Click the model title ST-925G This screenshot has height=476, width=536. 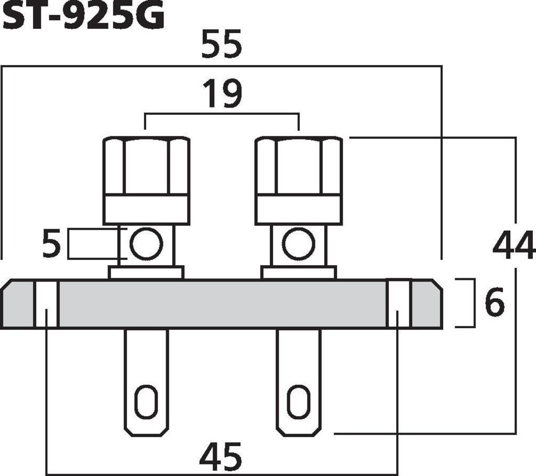(x=83, y=15)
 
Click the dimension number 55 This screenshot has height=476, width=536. (x=222, y=44)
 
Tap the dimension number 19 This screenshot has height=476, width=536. (x=223, y=93)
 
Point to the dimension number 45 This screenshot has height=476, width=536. (x=221, y=456)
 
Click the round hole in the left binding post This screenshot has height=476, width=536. (x=146, y=243)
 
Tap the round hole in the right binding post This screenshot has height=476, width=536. (x=299, y=243)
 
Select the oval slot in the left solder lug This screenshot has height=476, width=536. (x=146, y=403)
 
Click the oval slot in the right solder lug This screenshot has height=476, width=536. (x=299, y=403)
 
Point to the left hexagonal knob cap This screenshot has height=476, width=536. (x=146, y=166)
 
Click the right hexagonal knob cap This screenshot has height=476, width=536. (x=299, y=166)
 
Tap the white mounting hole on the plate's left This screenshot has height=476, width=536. (x=46, y=304)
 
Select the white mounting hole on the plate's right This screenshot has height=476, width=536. (x=398, y=304)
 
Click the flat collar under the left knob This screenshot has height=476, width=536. (x=146, y=210)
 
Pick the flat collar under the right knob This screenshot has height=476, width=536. (x=299, y=210)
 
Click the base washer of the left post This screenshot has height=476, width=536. (x=146, y=273)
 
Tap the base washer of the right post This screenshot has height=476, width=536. (x=299, y=273)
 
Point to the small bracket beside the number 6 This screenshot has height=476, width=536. (x=466, y=303)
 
